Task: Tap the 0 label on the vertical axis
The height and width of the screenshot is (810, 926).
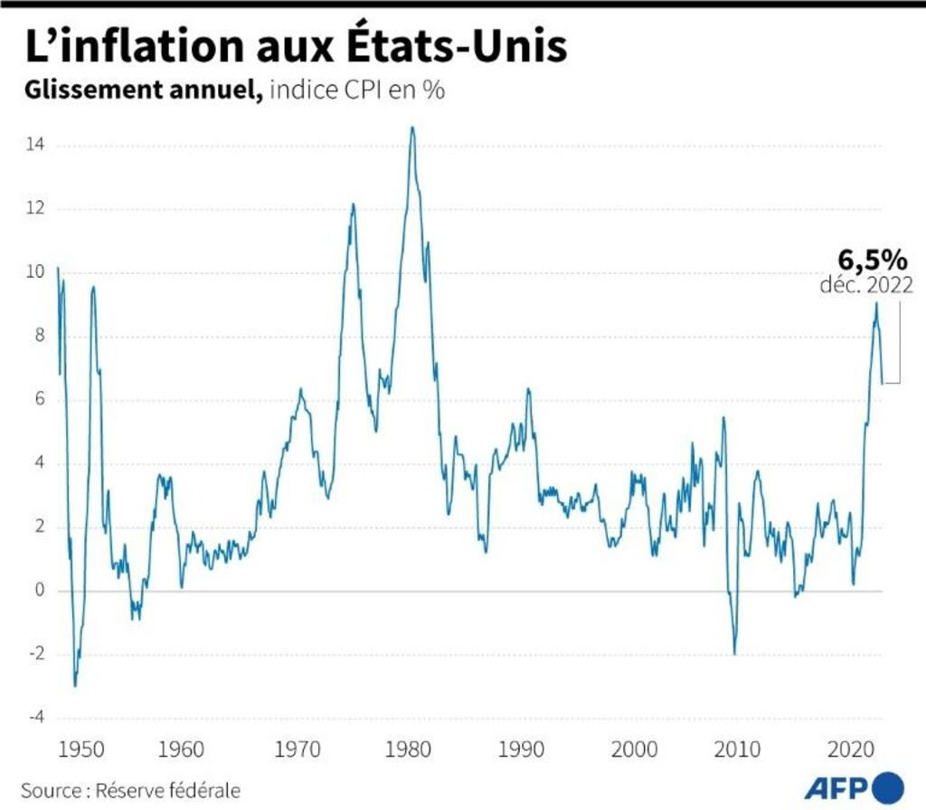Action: click(x=39, y=591)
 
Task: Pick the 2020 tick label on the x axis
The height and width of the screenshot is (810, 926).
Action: click(x=851, y=750)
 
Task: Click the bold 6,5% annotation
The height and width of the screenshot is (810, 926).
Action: click(x=871, y=260)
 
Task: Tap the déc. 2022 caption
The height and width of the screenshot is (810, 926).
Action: click(x=865, y=285)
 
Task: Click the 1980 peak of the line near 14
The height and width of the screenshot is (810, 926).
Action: click(x=412, y=128)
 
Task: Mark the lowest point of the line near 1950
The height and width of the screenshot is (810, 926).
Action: click(x=75, y=686)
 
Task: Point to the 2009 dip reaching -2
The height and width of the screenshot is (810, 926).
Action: click(x=734, y=653)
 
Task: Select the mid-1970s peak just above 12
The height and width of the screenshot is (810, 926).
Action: click(x=353, y=205)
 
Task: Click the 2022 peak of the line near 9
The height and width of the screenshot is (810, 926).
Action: click(x=875, y=303)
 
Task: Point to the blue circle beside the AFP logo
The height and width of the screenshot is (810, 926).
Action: click(x=888, y=785)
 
